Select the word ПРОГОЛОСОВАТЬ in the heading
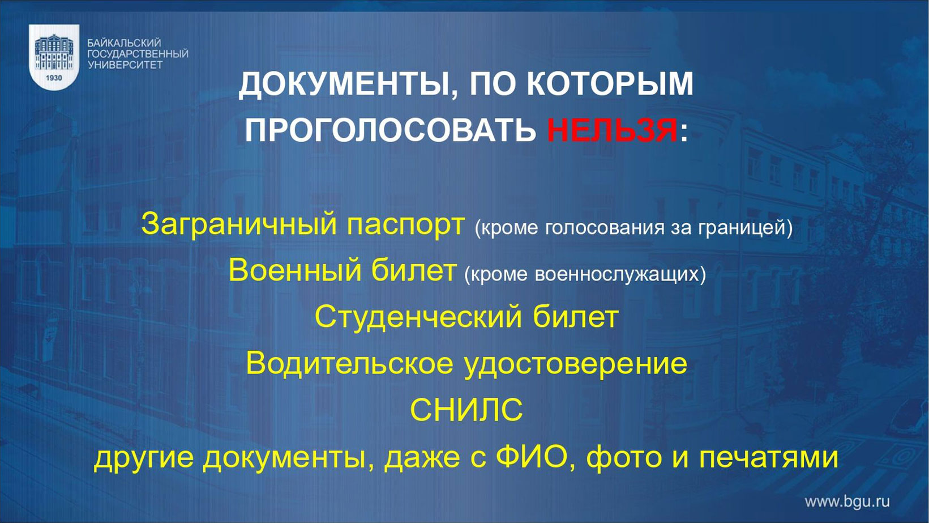pyautogui.click(x=390, y=130)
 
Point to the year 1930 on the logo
pyautogui.click(x=54, y=78)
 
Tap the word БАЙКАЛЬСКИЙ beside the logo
pyautogui.click(x=124, y=42)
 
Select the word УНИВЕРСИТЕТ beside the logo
pyautogui.click(x=125, y=65)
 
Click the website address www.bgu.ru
pyautogui.click(x=847, y=502)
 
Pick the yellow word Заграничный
pyautogui.click(x=239, y=224)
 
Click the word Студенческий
pyautogui.click(x=418, y=317)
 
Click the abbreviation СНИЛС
pyautogui.click(x=466, y=410)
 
